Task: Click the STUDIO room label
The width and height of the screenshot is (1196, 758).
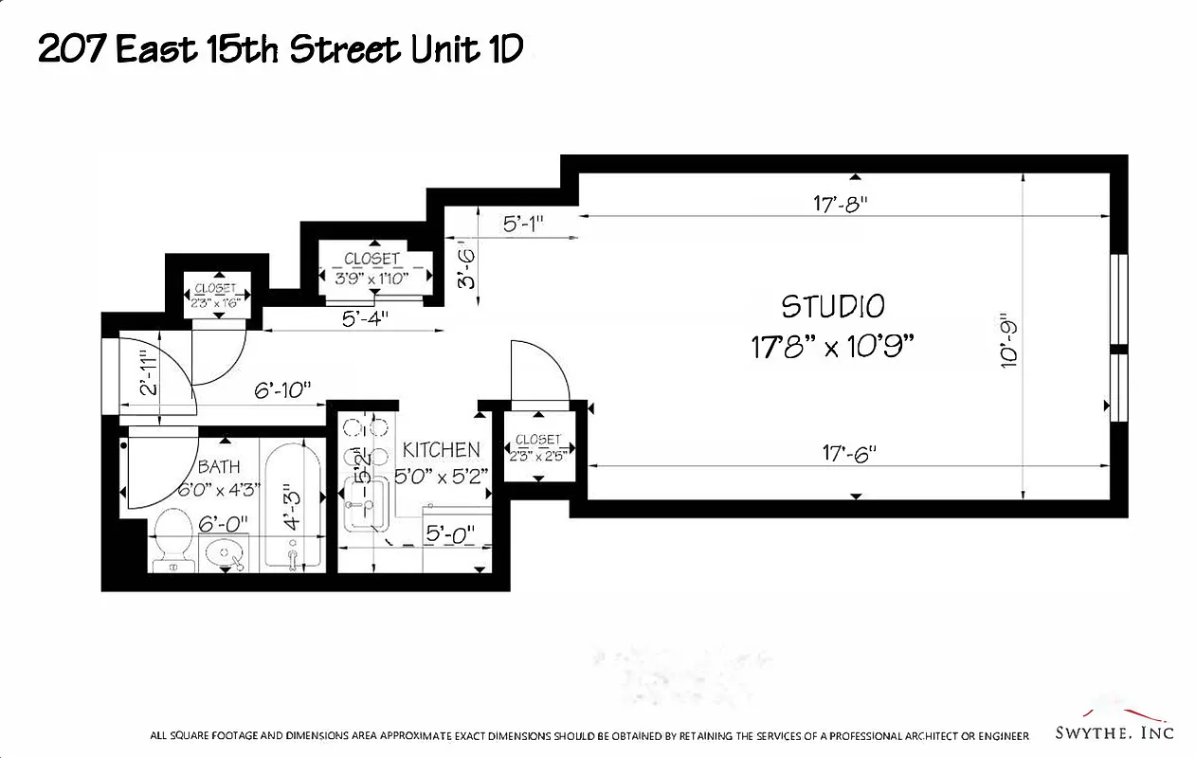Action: (833, 306)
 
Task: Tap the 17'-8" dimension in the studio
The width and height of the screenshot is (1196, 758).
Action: (840, 203)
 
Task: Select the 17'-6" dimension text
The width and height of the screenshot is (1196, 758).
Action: (848, 454)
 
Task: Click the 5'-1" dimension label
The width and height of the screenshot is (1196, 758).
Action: (523, 225)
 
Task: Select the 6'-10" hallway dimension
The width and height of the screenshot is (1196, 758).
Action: (282, 390)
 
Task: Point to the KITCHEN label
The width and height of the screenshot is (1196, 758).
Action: (441, 449)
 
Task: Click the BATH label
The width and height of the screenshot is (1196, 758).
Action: (219, 466)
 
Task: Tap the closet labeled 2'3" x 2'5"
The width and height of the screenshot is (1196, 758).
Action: (537, 447)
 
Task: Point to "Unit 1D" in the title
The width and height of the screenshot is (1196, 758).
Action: (467, 49)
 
